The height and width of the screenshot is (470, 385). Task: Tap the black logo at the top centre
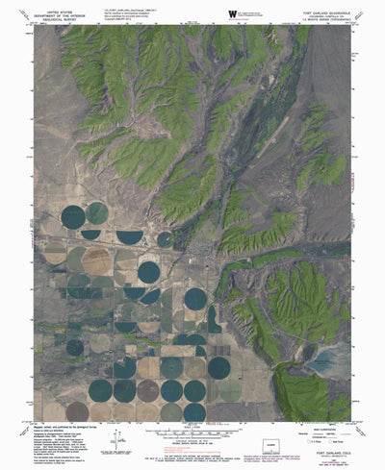(230, 12)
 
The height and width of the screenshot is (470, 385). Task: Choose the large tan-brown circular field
(96, 260)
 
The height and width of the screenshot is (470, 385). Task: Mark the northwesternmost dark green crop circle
(73, 216)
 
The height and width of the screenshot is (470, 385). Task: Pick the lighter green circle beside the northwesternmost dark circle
(96, 212)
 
